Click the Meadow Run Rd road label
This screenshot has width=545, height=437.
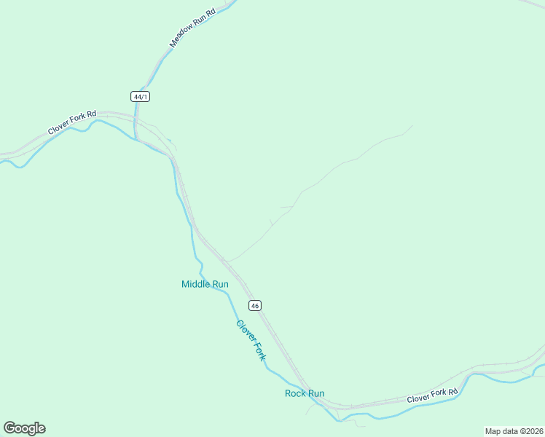(x=193, y=28)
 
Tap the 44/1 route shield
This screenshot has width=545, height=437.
(x=141, y=96)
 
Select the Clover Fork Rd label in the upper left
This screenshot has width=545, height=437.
(x=72, y=122)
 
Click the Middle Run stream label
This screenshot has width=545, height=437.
(x=205, y=284)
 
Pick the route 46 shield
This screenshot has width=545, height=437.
(x=254, y=304)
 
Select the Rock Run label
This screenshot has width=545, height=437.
(x=304, y=393)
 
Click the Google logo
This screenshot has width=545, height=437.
(x=25, y=428)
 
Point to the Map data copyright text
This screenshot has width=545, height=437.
(x=514, y=430)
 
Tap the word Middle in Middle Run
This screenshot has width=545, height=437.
(x=195, y=284)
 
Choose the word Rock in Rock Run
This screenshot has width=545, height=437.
(x=295, y=393)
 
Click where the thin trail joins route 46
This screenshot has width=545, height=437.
(x=226, y=261)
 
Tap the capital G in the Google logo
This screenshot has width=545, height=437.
(x=10, y=428)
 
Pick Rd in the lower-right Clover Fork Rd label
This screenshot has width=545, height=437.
(x=453, y=392)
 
